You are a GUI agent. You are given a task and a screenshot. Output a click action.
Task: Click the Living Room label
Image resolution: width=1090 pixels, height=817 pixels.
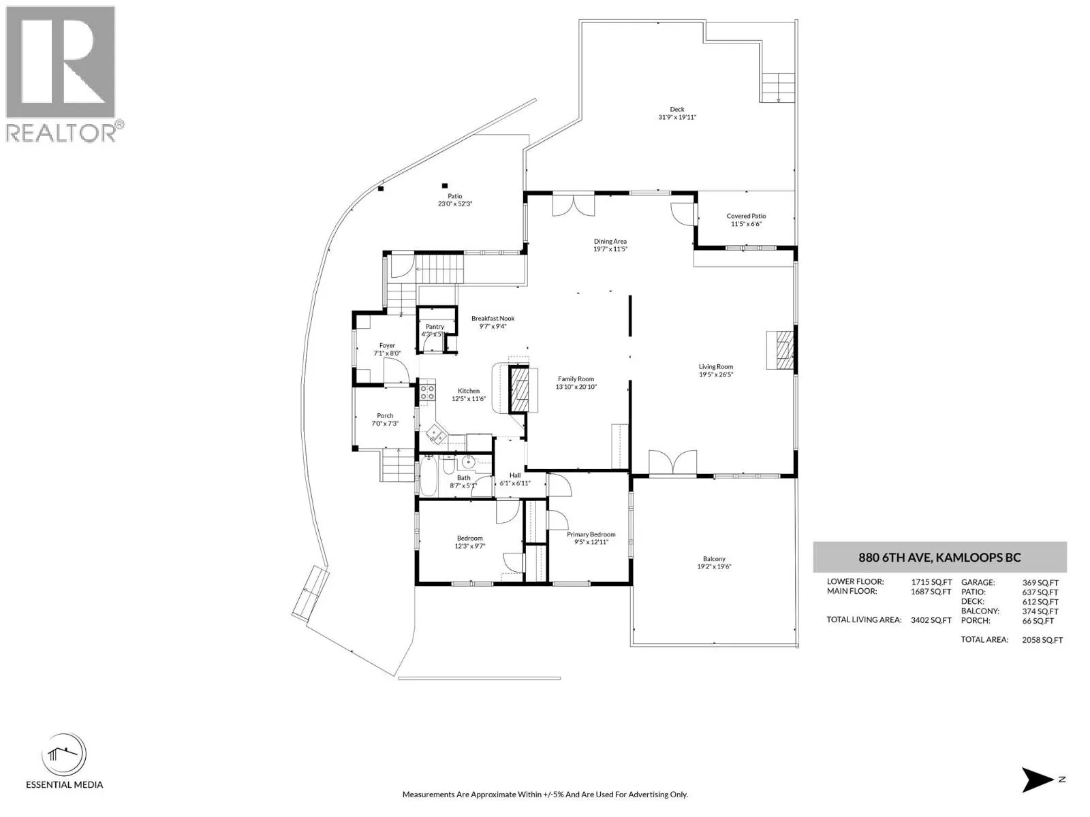(x=715, y=366)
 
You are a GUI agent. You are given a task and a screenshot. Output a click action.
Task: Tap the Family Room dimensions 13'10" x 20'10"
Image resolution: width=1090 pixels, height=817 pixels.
(x=576, y=387)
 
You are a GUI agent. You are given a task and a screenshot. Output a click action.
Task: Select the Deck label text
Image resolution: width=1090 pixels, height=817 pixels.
(x=677, y=109)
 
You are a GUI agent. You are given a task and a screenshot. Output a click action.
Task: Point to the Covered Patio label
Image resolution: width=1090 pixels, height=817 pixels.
(x=746, y=216)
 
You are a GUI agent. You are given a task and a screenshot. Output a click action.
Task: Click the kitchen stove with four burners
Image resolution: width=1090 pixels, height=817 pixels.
(x=428, y=392)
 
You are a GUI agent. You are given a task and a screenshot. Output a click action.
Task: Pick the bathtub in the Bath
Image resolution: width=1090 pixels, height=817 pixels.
(x=428, y=476)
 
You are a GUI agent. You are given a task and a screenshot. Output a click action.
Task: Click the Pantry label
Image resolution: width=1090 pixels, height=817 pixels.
(x=435, y=326)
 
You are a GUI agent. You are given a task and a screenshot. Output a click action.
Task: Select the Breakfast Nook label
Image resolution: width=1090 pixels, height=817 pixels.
(x=493, y=318)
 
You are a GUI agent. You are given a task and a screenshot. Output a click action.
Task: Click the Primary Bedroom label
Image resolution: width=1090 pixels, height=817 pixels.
(x=591, y=534)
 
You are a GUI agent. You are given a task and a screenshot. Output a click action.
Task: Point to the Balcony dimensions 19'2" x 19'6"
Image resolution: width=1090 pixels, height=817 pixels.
(x=714, y=566)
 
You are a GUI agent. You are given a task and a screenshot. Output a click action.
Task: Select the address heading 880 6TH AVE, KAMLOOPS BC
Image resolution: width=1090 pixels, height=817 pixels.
(x=939, y=558)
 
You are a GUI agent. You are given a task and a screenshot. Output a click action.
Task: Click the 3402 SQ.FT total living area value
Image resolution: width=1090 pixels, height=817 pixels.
(x=931, y=620)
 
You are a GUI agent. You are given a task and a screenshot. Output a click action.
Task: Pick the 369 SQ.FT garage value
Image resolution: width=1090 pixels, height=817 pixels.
(x=1040, y=583)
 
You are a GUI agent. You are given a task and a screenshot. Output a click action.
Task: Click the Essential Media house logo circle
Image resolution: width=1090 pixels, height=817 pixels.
(x=64, y=755)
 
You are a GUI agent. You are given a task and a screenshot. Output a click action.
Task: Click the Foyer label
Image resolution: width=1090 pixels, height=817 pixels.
(x=387, y=345)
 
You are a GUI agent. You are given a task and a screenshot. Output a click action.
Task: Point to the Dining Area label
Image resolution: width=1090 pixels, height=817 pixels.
(x=610, y=242)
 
